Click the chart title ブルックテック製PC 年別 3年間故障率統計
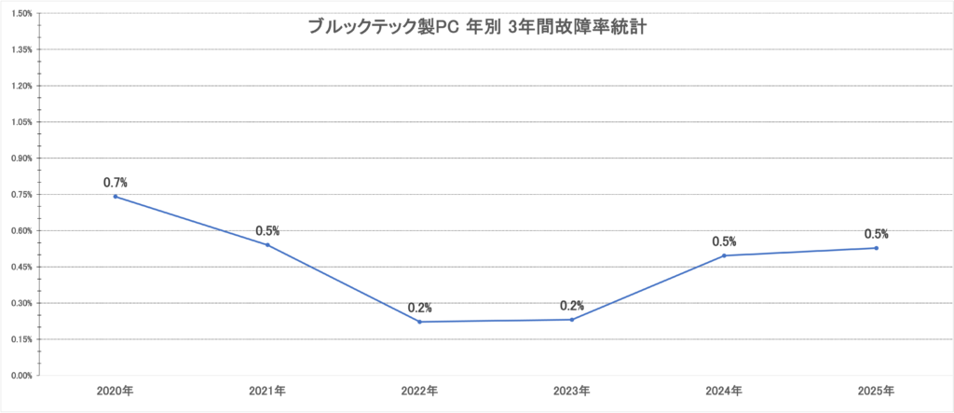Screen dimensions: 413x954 point(478,27)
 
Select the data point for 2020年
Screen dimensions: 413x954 point(116,197)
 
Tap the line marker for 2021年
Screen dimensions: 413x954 point(267,245)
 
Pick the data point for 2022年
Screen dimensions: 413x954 point(420,322)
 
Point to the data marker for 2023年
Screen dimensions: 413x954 point(572,320)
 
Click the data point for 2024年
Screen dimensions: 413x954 point(724,255)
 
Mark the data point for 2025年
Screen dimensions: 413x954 point(877,248)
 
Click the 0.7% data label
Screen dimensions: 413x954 point(116,183)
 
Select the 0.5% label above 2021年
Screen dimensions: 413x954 point(267,231)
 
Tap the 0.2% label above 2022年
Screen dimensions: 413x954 point(420,308)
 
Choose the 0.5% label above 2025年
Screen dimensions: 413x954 point(877,234)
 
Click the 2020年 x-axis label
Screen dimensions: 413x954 point(116,391)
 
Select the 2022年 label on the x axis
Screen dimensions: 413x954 point(420,391)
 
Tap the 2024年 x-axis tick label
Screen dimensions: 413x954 point(724,391)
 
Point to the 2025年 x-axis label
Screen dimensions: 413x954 point(877,391)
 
